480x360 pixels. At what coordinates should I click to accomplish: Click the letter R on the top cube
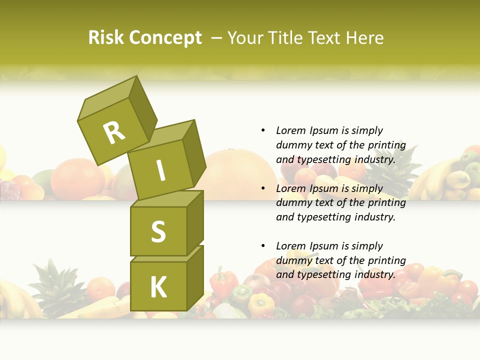(x=114, y=132)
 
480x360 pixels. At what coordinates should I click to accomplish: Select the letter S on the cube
(x=158, y=231)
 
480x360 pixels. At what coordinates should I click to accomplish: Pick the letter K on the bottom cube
(x=158, y=287)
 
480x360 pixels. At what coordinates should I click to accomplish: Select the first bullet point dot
(x=263, y=131)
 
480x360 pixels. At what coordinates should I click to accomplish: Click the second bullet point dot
(x=263, y=188)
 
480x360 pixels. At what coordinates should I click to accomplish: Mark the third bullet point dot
(x=263, y=246)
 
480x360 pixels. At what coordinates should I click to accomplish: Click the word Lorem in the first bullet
(x=290, y=131)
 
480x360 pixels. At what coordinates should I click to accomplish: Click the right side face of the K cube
(x=195, y=277)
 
